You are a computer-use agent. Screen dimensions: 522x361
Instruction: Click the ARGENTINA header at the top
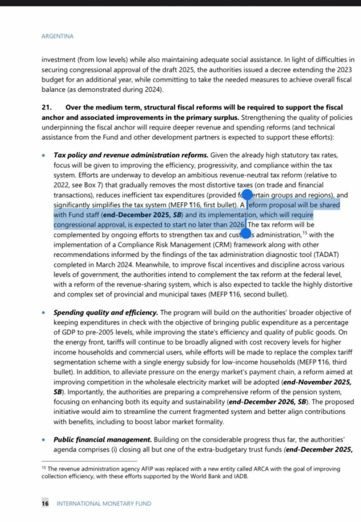pyautogui.click(x=57, y=36)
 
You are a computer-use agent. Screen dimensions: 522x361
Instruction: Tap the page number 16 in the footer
pyautogui.click(x=45, y=503)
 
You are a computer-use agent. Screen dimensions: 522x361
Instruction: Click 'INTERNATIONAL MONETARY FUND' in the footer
pyautogui.click(x=104, y=503)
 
